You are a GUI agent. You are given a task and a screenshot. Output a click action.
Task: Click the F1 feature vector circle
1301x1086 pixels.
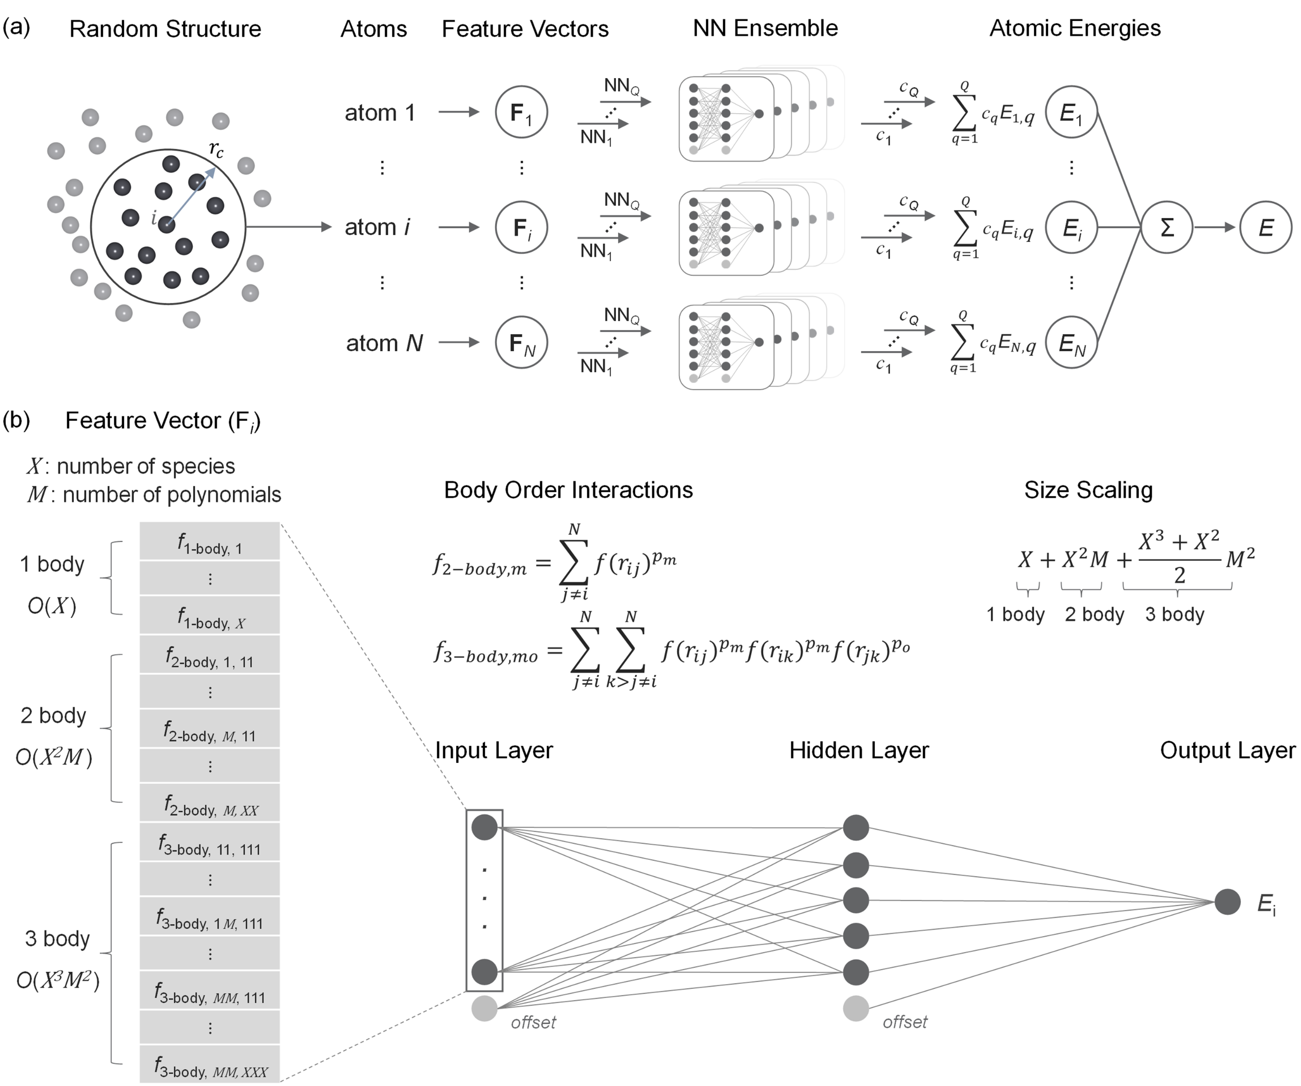(x=521, y=112)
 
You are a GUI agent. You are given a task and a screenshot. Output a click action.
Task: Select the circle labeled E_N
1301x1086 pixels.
(x=1071, y=343)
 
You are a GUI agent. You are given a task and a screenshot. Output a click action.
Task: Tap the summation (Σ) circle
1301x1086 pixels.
(x=1167, y=227)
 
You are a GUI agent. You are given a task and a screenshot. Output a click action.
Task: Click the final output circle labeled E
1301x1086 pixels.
(x=1266, y=227)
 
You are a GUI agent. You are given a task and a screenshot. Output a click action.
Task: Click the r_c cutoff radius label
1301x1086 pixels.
(x=216, y=148)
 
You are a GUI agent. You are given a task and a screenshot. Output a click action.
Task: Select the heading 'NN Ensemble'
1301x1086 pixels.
(x=765, y=28)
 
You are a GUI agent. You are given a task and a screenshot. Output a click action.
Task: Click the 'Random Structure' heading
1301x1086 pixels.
(x=165, y=29)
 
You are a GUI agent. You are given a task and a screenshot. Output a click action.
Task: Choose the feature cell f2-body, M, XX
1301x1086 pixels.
(x=209, y=802)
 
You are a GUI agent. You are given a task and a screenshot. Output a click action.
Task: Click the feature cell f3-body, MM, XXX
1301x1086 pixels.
(x=209, y=1064)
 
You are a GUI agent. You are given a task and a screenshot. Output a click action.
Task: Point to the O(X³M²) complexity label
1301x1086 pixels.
(x=58, y=980)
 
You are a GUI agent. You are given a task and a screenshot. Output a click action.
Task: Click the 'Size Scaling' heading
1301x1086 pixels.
(x=1089, y=490)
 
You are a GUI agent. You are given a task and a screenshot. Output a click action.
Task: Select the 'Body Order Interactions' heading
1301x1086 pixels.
(x=568, y=490)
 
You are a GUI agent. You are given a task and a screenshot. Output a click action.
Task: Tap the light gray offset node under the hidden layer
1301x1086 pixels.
(x=855, y=1008)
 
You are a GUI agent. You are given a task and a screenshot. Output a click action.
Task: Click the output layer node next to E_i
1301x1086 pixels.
(x=1227, y=901)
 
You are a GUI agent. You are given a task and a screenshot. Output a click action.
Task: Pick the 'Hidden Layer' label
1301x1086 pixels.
(x=859, y=750)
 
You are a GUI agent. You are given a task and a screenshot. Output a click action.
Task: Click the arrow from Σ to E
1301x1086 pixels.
(x=1215, y=227)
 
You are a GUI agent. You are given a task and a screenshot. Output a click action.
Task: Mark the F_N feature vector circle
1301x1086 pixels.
(x=521, y=343)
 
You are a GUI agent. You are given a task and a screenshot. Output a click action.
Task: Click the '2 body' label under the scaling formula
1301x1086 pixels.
(x=1094, y=614)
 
